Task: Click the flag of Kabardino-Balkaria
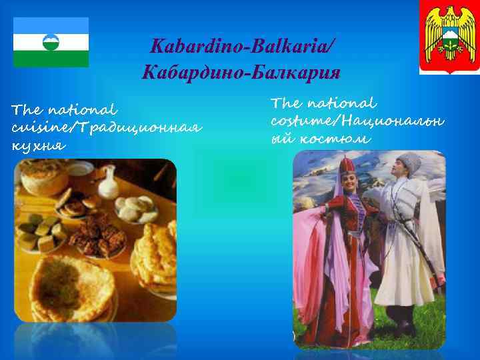[51, 42]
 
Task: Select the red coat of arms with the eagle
[447, 37]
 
